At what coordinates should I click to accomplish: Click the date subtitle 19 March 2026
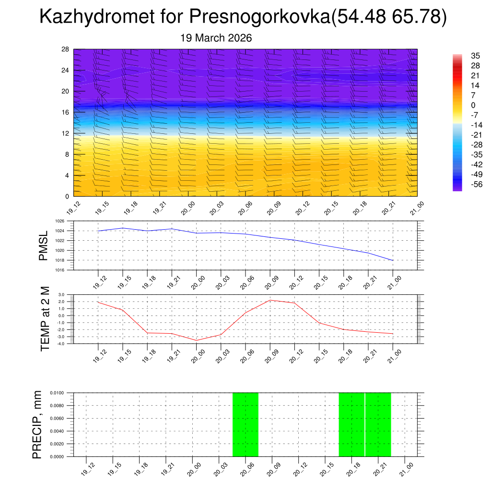click(x=216, y=38)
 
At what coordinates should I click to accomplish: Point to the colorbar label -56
click(x=477, y=184)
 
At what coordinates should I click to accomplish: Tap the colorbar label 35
click(x=475, y=56)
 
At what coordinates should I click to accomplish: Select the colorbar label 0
click(x=473, y=105)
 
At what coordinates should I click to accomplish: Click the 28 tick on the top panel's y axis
click(x=66, y=49)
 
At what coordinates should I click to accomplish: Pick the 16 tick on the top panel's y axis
click(x=66, y=112)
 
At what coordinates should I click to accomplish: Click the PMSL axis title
click(x=44, y=245)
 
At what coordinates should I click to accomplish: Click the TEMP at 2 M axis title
click(x=45, y=319)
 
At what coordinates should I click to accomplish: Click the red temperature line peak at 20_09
click(x=270, y=300)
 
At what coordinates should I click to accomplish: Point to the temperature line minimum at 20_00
click(x=196, y=340)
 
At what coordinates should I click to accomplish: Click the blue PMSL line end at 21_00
click(x=393, y=260)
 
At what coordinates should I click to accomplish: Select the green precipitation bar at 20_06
click(x=245, y=424)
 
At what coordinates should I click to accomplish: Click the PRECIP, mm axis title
click(x=37, y=424)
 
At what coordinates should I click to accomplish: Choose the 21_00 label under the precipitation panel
click(x=406, y=468)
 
